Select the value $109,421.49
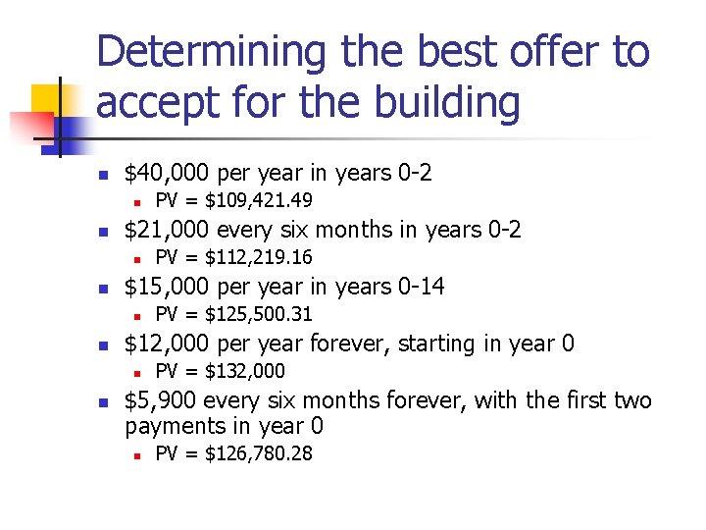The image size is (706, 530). point(259,201)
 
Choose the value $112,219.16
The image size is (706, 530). point(259,258)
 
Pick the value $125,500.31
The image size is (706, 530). point(259,314)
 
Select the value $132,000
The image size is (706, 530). point(245,371)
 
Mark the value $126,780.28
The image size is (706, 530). point(259,454)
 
